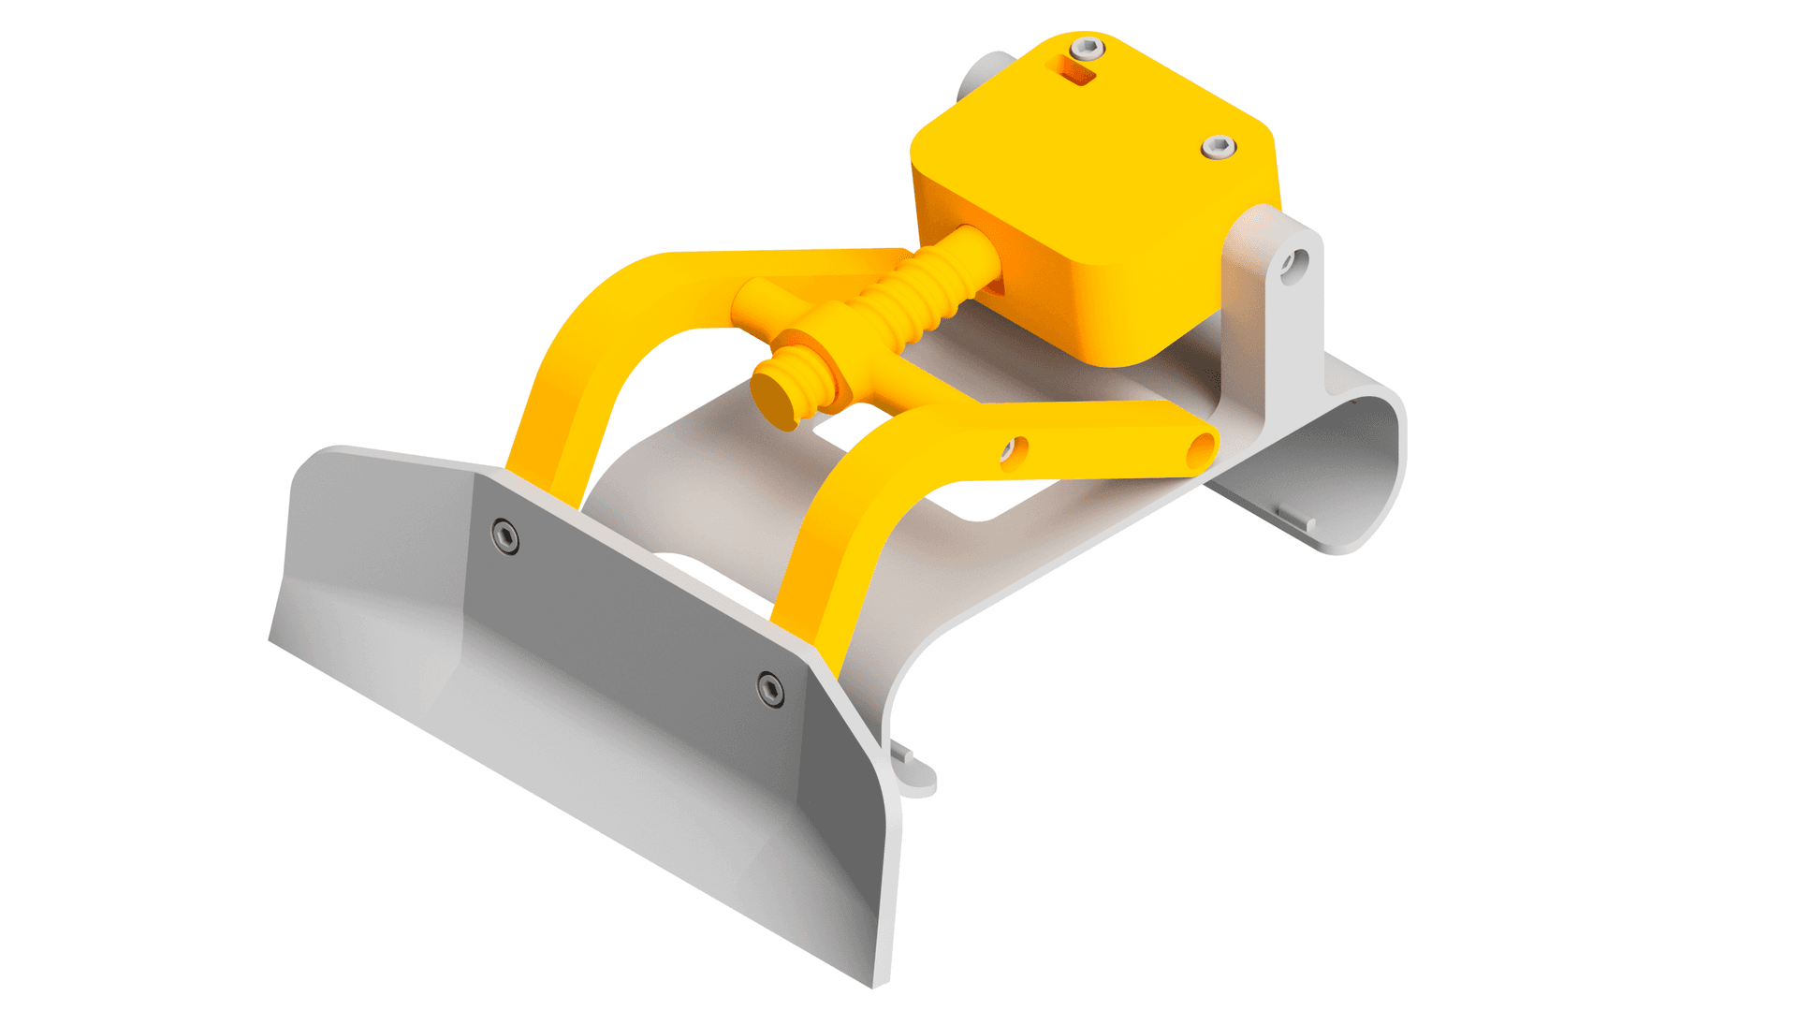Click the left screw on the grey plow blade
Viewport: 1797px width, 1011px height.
505,536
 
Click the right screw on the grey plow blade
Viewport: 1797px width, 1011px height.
770,689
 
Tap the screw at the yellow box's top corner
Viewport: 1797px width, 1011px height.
1086,48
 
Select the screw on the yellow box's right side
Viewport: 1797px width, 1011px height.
1219,146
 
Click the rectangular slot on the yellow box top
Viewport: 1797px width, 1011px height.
1074,71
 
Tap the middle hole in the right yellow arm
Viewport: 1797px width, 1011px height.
1013,453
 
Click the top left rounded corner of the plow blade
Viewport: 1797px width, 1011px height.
318,459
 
